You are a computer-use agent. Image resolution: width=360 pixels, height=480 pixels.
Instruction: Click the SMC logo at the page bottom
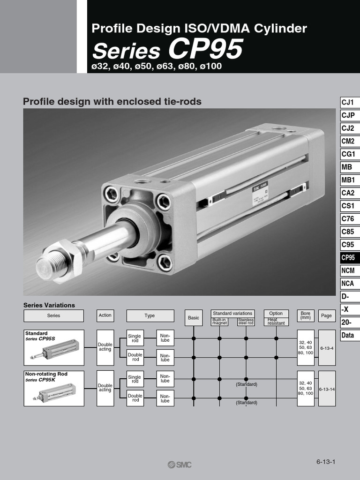tap(180, 465)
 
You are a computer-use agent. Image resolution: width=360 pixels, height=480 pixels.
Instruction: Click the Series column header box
tap(53, 315)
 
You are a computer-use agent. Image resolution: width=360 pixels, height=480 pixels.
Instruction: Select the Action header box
tap(105, 315)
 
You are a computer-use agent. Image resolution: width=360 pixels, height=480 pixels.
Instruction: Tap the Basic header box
tap(194, 317)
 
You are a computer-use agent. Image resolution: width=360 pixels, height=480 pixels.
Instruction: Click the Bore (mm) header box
tap(306, 315)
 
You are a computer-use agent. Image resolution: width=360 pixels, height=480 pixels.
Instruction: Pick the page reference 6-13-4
tap(327, 348)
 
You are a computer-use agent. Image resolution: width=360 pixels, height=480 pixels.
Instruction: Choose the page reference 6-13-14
tap(327, 389)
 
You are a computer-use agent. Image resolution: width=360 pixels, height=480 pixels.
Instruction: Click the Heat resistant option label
tap(276, 321)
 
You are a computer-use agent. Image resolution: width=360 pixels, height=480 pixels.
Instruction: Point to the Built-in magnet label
tap(219, 321)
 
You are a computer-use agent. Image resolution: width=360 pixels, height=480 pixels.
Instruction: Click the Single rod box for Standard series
tap(135, 338)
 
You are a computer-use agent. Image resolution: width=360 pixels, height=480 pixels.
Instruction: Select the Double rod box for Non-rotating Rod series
tap(135, 398)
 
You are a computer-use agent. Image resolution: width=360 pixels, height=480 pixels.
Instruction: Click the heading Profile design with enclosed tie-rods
tap(112, 101)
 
